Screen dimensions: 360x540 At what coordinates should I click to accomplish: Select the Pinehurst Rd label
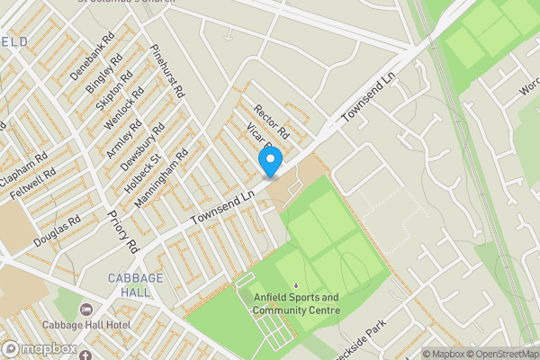click(168, 71)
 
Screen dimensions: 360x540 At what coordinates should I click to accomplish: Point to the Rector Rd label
click(270, 121)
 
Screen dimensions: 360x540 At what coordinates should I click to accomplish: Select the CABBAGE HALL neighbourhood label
click(136, 284)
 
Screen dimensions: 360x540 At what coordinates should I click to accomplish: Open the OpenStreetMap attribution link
click(495, 354)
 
